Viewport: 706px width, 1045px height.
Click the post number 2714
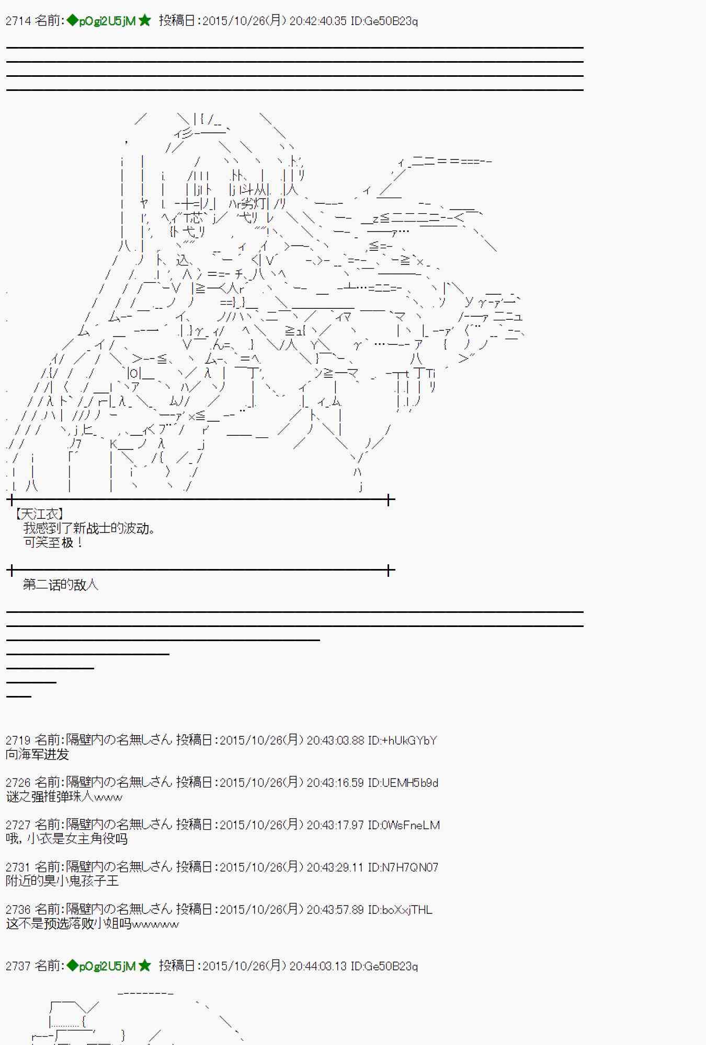(x=18, y=21)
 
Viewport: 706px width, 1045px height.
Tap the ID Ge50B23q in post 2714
(x=384, y=21)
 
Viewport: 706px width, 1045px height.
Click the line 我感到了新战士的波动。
(x=89, y=529)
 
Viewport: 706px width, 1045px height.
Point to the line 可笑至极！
(x=53, y=543)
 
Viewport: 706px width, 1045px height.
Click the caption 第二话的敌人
(x=61, y=585)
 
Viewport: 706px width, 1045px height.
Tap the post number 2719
(x=18, y=740)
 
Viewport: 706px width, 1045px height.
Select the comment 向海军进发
(x=38, y=754)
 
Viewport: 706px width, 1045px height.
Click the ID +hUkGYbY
(x=402, y=740)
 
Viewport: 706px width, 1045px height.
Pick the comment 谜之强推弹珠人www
(x=64, y=797)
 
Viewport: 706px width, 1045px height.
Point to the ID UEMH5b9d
(x=403, y=783)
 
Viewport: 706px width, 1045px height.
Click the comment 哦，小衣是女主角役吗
(x=67, y=839)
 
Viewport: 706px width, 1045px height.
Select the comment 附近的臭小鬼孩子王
(x=62, y=881)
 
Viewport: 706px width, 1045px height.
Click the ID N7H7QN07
(x=403, y=867)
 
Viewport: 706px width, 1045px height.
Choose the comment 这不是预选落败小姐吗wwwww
(x=93, y=924)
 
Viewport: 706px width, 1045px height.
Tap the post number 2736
(x=18, y=910)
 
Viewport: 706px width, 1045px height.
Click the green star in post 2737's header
(x=145, y=966)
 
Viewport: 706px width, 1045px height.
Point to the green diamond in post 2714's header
(x=72, y=21)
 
